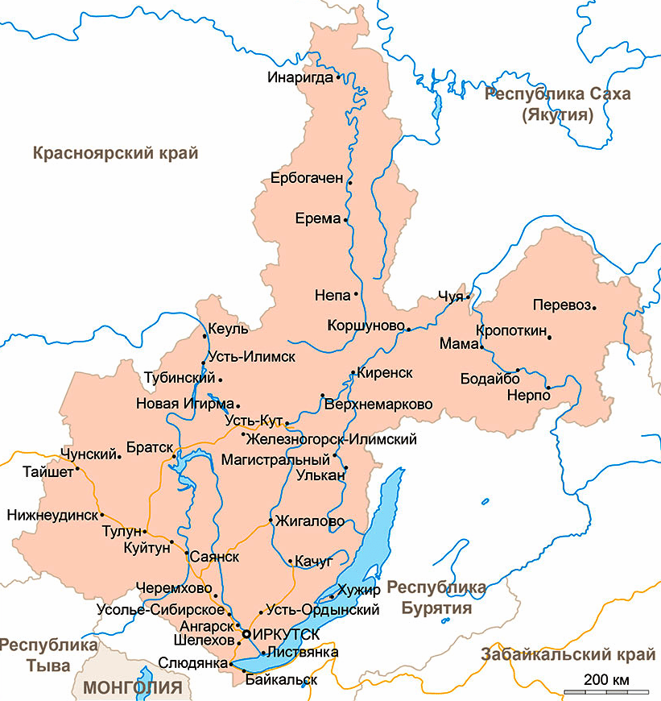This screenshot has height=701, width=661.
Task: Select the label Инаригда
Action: click(x=300, y=77)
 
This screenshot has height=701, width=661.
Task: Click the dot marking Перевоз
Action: click(x=594, y=306)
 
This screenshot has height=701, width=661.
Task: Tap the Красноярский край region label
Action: click(x=115, y=153)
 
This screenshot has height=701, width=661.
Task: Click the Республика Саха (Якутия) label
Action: click(x=557, y=104)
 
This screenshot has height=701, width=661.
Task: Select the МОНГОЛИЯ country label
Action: click(x=134, y=687)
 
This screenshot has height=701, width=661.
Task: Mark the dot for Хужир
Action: click(x=332, y=596)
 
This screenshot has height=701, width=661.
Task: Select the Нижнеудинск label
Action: click(x=51, y=514)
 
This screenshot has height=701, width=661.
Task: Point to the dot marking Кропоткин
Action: click(x=550, y=337)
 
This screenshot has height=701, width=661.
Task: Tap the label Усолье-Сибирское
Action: click(x=154, y=610)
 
